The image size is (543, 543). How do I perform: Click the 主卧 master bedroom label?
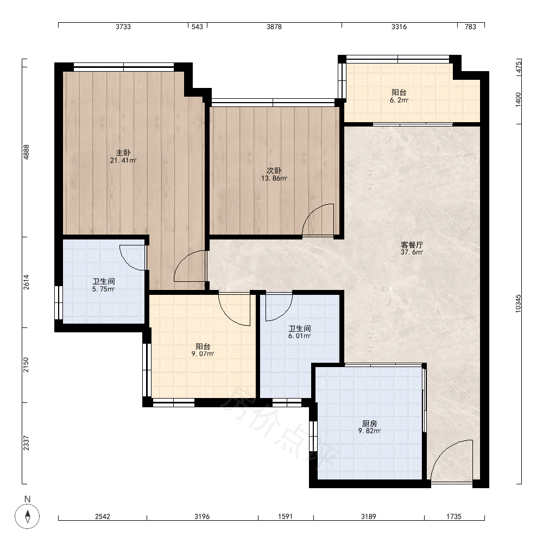[x=123, y=153]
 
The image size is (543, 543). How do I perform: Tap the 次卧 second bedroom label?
[x=274, y=171]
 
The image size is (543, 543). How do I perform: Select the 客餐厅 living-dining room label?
[x=412, y=245]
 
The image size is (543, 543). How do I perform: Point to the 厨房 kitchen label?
[x=369, y=424]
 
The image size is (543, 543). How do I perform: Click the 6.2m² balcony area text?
[x=399, y=100]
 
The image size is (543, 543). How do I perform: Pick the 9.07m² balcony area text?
[x=203, y=354]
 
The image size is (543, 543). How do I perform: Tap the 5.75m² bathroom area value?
[x=103, y=289]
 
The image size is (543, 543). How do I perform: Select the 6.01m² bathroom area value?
[x=299, y=336]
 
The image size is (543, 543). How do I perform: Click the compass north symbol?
[x=27, y=516]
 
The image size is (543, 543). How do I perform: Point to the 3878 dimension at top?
[x=274, y=27]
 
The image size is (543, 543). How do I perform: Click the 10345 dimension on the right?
[x=518, y=304]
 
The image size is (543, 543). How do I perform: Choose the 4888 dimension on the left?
[x=26, y=151]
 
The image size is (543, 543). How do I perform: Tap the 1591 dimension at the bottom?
[x=286, y=516]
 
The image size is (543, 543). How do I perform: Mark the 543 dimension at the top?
[x=197, y=27]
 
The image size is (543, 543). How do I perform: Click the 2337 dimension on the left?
[x=26, y=443]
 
